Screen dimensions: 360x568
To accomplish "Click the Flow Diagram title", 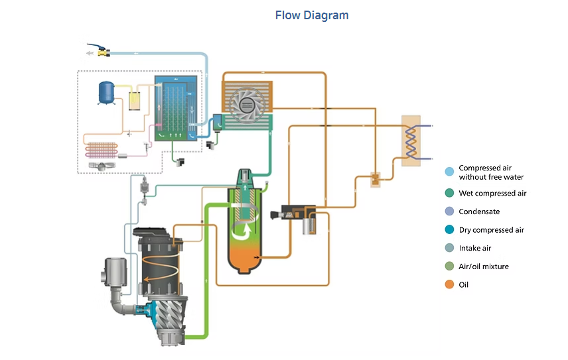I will pos(311,15).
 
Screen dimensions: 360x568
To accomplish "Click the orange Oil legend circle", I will pos(450,284).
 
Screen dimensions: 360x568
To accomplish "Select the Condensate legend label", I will pos(479,211).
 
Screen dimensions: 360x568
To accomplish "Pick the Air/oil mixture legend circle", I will pos(450,267).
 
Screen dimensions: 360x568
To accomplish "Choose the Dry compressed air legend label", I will pos(491,230).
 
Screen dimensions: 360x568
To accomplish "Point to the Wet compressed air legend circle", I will pos(450,194).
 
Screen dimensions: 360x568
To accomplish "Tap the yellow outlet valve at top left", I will pos(103,50).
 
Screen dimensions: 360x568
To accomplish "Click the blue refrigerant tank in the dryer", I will pos(106,92).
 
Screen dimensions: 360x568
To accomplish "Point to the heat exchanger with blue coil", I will pos(411,141).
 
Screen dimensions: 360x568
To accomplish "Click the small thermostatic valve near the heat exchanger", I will pos(376,179).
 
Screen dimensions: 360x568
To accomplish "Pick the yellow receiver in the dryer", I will pos(135,101).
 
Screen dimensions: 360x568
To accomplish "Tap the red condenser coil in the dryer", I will pos(101,147).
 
